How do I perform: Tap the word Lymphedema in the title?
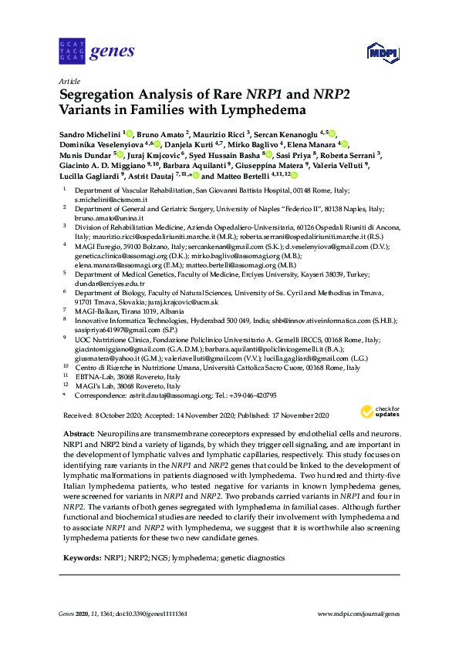268,112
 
